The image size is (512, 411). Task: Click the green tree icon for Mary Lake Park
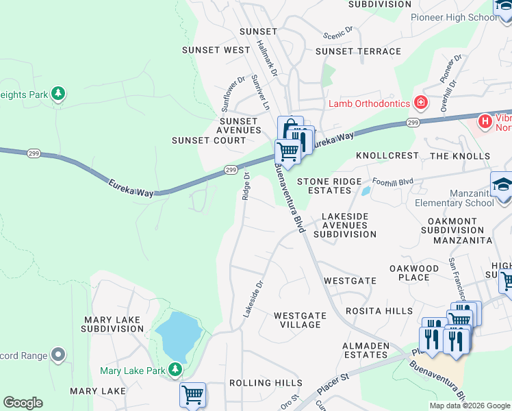(x=176, y=371)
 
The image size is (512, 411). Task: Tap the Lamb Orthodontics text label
(x=369, y=103)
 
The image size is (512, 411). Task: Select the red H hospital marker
(x=485, y=121)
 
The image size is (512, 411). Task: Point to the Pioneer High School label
(x=454, y=17)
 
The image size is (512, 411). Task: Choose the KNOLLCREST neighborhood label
(x=387, y=155)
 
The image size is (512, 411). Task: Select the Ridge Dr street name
(x=246, y=186)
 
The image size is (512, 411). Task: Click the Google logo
(x=23, y=403)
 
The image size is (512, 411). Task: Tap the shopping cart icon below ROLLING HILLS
(x=193, y=395)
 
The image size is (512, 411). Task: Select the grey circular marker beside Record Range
(x=58, y=355)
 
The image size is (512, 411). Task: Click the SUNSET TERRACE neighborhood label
(x=357, y=51)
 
